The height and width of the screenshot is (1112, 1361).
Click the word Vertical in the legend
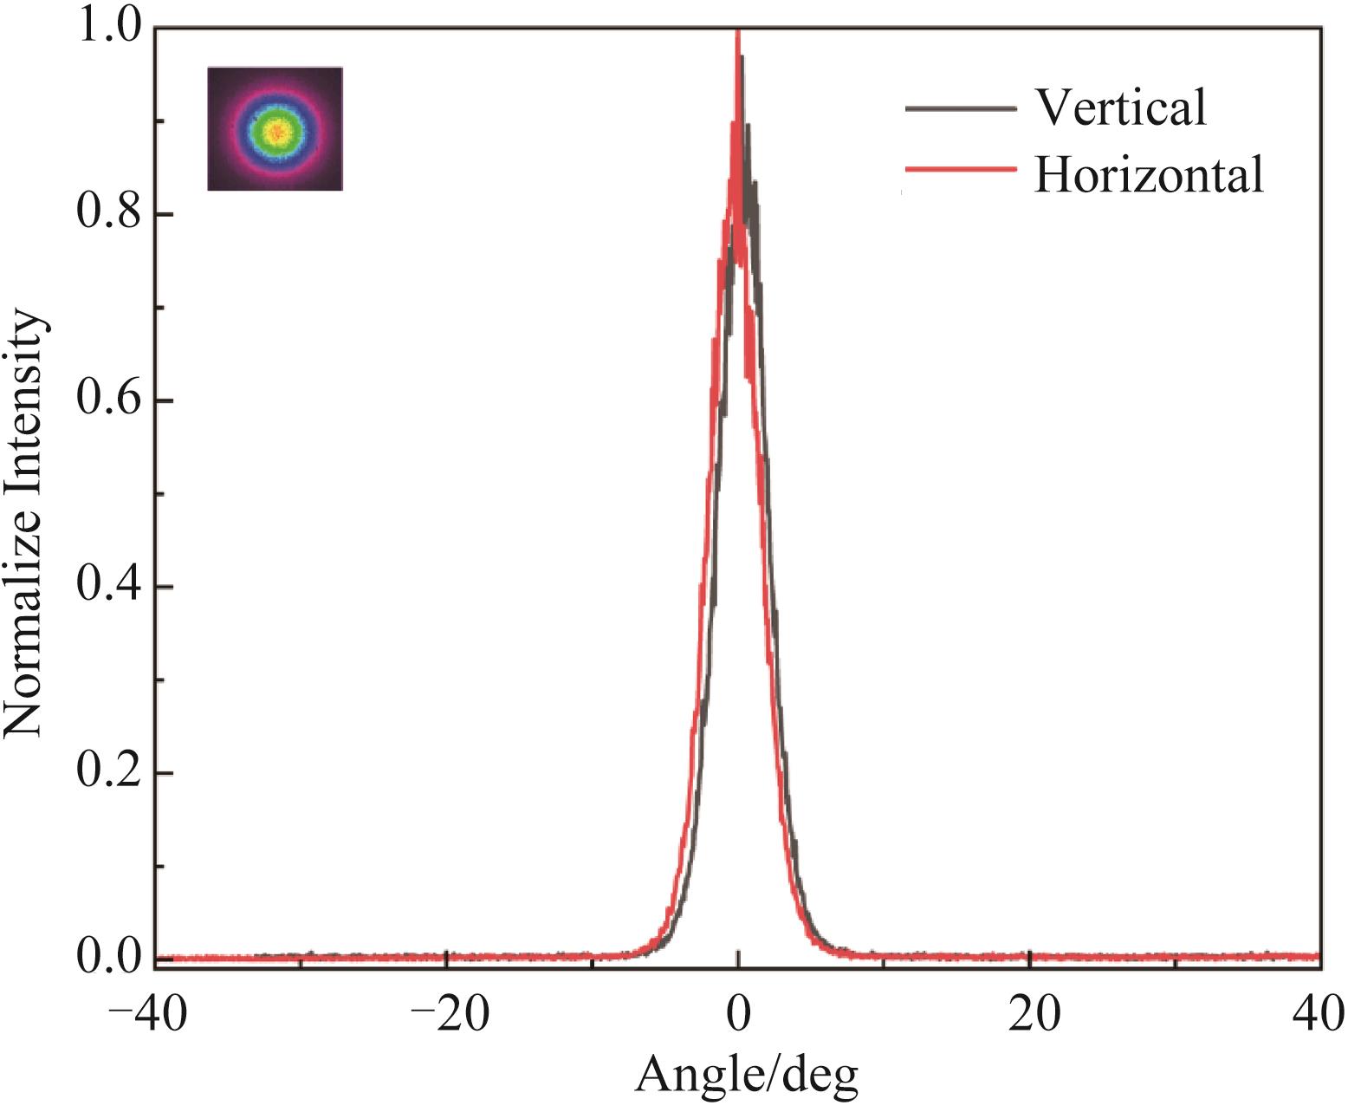(x=1120, y=107)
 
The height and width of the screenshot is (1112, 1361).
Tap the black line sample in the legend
(x=960, y=108)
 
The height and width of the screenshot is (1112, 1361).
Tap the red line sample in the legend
(x=960, y=170)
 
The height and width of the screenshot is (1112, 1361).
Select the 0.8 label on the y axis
(x=107, y=214)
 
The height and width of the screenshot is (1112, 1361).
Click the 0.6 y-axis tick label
(x=107, y=400)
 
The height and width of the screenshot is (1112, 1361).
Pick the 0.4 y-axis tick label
(x=107, y=587)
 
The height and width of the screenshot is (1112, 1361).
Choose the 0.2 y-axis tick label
(x=107, y=773)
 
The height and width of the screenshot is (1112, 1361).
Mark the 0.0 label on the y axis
(x=107, y=959)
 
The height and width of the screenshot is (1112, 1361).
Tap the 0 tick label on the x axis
(x=737, y=1013)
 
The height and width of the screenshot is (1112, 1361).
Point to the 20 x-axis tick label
(x=1029, y=1013)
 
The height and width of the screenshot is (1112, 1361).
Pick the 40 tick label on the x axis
(x=1320, y=1013)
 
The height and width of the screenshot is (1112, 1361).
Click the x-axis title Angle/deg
(x=747, y=1076)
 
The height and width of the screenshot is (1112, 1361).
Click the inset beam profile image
(x=275, y=128)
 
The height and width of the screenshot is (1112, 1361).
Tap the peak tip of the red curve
(x=737, y=33)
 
